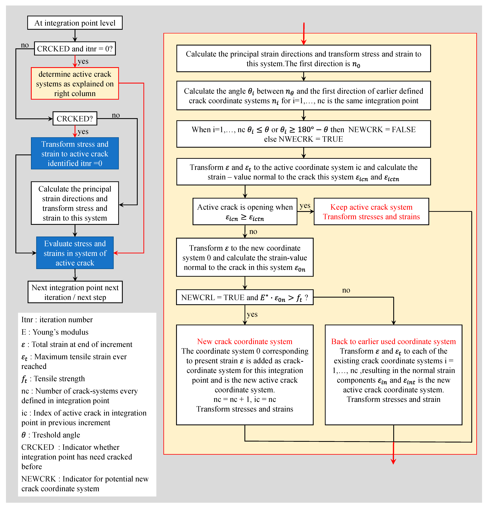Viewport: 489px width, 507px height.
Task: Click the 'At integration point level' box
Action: pos(75,23)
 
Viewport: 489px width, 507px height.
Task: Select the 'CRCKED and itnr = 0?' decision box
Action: pos(75,49)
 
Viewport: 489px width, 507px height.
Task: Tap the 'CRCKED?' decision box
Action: pos(75,119)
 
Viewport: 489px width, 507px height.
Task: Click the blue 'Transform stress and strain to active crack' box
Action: pos(75,154)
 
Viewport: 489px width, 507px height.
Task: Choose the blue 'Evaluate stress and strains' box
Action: pos(75,253)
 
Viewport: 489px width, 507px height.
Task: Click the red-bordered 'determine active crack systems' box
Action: pos(75,84)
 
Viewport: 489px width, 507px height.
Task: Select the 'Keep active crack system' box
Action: pos(371,212)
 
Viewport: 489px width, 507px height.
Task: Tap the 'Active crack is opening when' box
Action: pos(245,212)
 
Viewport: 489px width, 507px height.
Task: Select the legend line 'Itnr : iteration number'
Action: pos(57,320)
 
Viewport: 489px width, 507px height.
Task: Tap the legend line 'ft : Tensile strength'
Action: pos(53,379)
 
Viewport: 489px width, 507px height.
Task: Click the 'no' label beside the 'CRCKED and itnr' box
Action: pos(25,45)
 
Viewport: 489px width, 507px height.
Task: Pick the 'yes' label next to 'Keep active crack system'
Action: pos(305,206)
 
